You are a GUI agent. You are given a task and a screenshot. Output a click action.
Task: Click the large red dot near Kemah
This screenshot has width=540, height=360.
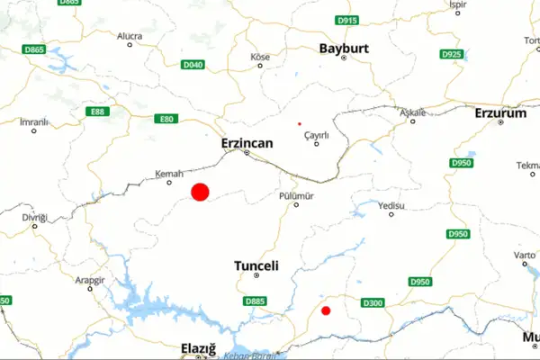pyautogui.click(x=200, y=192)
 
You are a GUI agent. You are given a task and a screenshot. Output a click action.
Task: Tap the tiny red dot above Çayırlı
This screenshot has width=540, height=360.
pyautogui.click(x=300, y=124)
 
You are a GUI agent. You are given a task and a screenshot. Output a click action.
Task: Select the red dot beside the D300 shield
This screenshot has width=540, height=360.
pyautogui.click(x=326, y=311)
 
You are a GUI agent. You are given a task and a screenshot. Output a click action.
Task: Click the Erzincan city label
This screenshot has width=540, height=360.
pyautogui.click(x=246, y=142)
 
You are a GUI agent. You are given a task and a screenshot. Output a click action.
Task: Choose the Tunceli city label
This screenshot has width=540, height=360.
pyautogui.click(x=256, y=266)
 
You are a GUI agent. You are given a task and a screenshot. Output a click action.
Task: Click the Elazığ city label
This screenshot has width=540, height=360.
pyautogui.click(x=200, y=347)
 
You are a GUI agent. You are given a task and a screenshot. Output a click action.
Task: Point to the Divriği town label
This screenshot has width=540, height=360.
pyautogui.click(x=34, y=217)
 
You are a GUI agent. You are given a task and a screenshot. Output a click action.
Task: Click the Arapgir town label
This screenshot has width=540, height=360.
pyautogui.click(x=91, y=279)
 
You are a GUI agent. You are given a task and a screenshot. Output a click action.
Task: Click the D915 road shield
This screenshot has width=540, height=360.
pyautogui.click(x=346, y=20)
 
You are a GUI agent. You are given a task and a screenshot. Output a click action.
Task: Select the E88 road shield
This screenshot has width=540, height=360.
pyautogui.click(x=97, y=112)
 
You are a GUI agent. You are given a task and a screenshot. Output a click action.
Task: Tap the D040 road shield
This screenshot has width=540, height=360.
pyautogui.click(x=193, y=65)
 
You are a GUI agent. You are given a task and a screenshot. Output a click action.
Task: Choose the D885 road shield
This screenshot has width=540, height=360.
pyautogui.click(x=255, y=301)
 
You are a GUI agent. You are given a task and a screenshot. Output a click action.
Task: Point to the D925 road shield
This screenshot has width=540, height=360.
pyautogui.click(x=452, y=55)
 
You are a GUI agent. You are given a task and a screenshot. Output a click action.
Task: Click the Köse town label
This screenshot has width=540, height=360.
pyautogui.click(x=259, y=58)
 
